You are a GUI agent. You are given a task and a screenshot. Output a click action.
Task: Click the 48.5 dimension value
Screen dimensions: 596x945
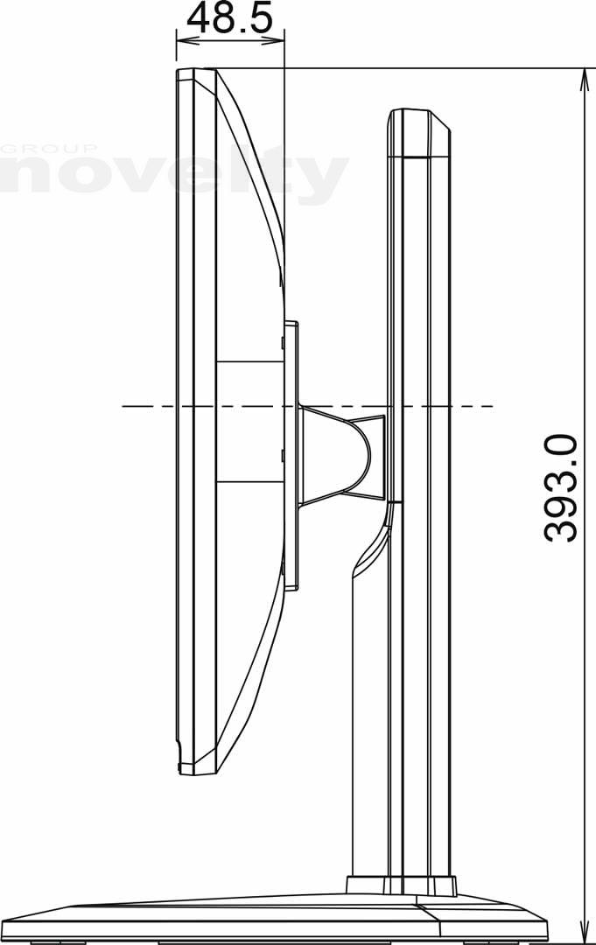229,18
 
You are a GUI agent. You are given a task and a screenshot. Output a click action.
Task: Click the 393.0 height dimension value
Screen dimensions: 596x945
561,488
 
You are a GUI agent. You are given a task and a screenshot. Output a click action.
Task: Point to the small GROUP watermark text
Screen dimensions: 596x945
49,148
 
